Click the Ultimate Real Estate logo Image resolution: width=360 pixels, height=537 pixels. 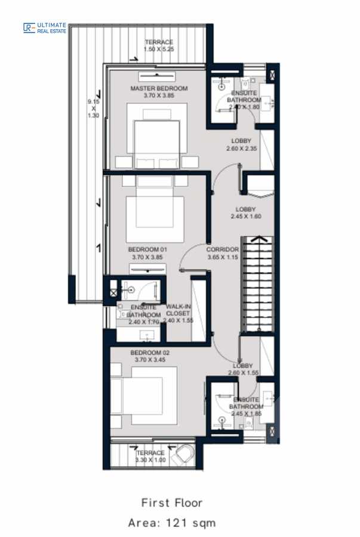pyautogui.click(x=45, y=27)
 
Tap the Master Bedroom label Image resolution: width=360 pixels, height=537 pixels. pyautogui.click(x=159, y=88)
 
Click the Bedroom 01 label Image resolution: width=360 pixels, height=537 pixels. pyautogui.click(x=147, y=249)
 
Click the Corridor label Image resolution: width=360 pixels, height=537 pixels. pyautogui.click(x=223, y=249)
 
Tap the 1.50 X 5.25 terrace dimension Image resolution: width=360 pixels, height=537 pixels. pyautogui.click(x=159, y=50)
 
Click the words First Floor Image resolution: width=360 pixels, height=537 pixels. pyautogui.click(x=172, y=502)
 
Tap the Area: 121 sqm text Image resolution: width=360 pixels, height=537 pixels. pyautogui.click(x=172, y=523)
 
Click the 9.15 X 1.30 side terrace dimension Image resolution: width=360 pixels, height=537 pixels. pyautogui.click(x=93, y=109)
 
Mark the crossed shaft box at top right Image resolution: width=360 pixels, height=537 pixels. pyautogui.click(x=273, y=76)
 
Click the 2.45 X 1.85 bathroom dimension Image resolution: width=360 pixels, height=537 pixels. pyautogui.click(x=246, y=413)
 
